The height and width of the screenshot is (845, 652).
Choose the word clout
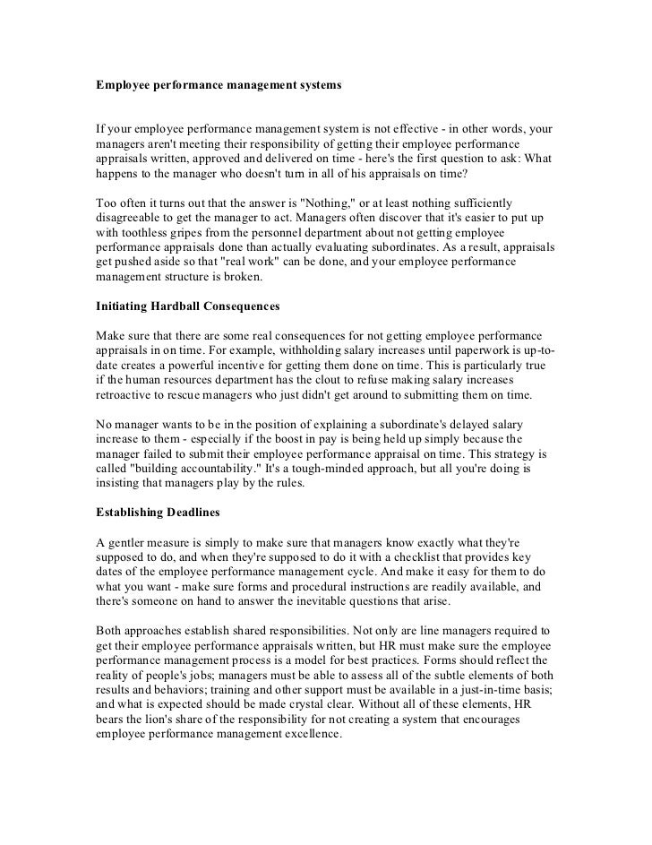(347, 379)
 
